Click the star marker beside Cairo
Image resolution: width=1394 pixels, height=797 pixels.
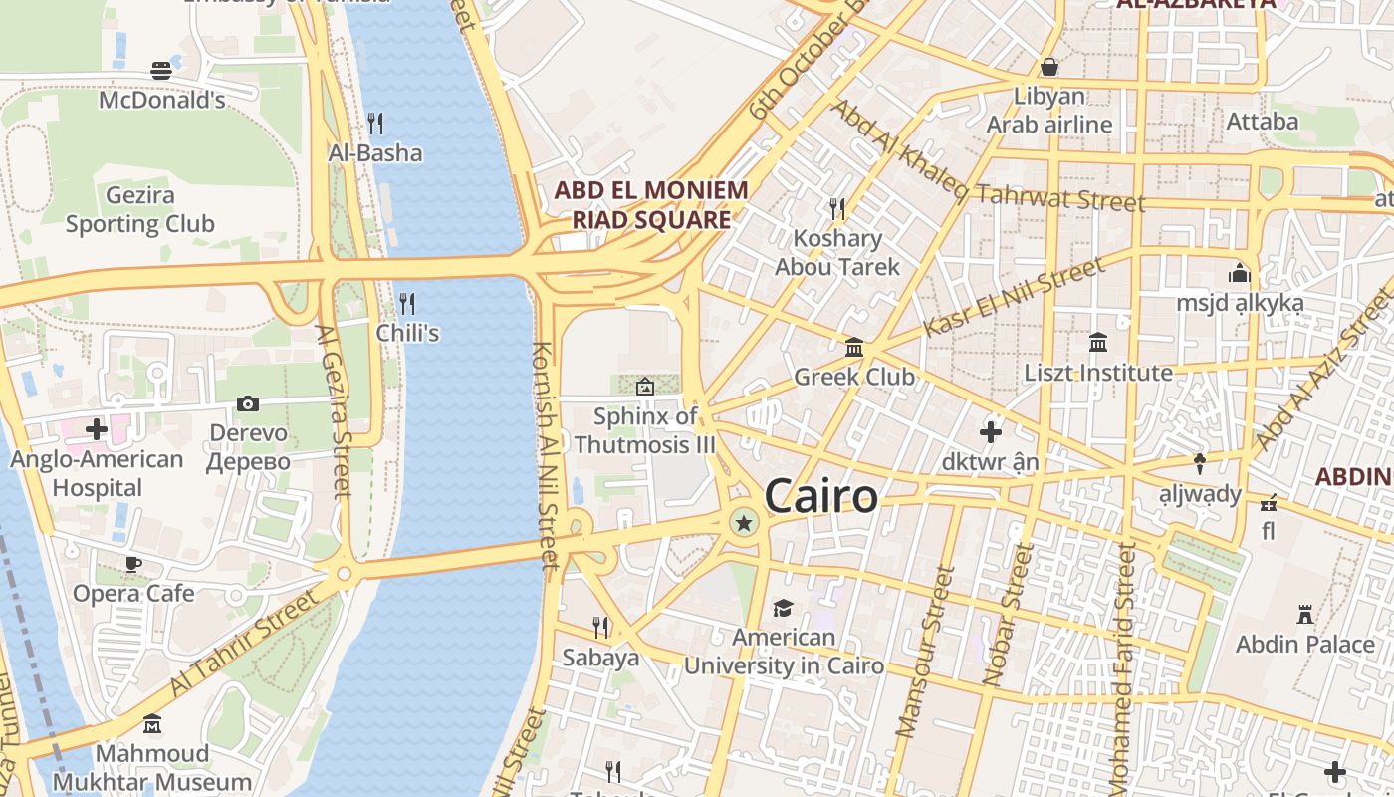tap(743, 522)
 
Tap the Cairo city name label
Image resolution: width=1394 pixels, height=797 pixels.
tap(821, 496)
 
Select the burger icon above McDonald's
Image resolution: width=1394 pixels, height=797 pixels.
tap(161, 70)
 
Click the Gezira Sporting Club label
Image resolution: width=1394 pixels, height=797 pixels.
tap(139, 210)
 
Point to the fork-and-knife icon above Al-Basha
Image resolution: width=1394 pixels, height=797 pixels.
tap(375, 124)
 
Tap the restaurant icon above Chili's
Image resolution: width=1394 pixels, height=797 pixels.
tap(406, 303)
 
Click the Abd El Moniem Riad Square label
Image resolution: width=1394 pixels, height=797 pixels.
tap(650, 204)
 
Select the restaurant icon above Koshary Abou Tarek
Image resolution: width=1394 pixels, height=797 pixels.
tap(837, 208)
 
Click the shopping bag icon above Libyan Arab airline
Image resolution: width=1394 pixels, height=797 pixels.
tap(1048, 67)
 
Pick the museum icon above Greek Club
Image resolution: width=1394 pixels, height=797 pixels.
tap(854, 348)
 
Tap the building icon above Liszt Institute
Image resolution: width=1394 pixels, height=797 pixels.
tap(1098, 343)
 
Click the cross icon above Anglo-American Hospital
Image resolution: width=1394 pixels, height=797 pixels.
tap(97, 429)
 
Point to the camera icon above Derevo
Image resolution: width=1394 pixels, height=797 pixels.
tap(248, 403)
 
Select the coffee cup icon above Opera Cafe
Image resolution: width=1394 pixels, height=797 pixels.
tap(132, 564)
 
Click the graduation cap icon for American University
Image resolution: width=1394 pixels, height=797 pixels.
tap(783, 608)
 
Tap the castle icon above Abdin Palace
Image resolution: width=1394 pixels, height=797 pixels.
tap(1304, 614)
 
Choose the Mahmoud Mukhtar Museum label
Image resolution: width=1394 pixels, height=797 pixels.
tap(152, 767)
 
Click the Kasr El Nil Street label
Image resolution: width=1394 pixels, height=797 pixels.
tap(1014, 297)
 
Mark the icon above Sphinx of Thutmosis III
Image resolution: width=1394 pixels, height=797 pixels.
tap(644, 386)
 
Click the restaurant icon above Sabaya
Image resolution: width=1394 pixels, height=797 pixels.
tap(600, 627)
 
